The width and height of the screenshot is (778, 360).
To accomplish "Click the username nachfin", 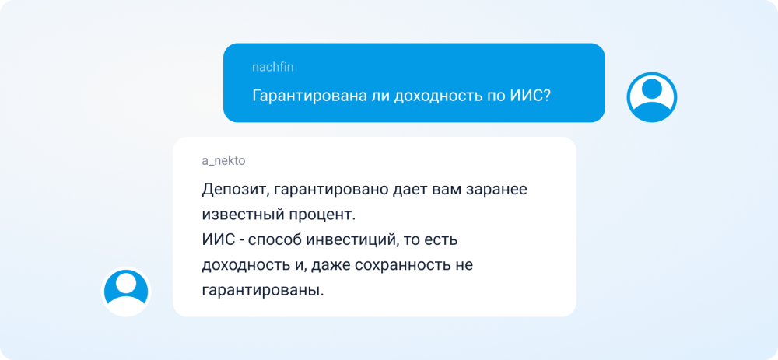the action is click(x=273, y=68).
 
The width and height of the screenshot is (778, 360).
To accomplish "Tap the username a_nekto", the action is click(x=223, y=161).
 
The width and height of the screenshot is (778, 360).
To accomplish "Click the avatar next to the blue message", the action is click(x=651, y=97).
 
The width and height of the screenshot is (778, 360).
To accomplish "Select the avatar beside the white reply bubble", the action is click(x=126, y=292).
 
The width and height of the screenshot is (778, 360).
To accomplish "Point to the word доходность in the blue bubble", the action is click(x=434, y=95).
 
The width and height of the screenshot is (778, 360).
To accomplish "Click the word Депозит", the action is click(x=235, y=190).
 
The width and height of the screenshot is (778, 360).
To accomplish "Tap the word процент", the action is click(x=321, y=216).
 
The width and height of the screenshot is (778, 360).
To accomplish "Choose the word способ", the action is click(x=275, y=242).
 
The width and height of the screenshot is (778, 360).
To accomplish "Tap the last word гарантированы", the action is click(x=262, y=290).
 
